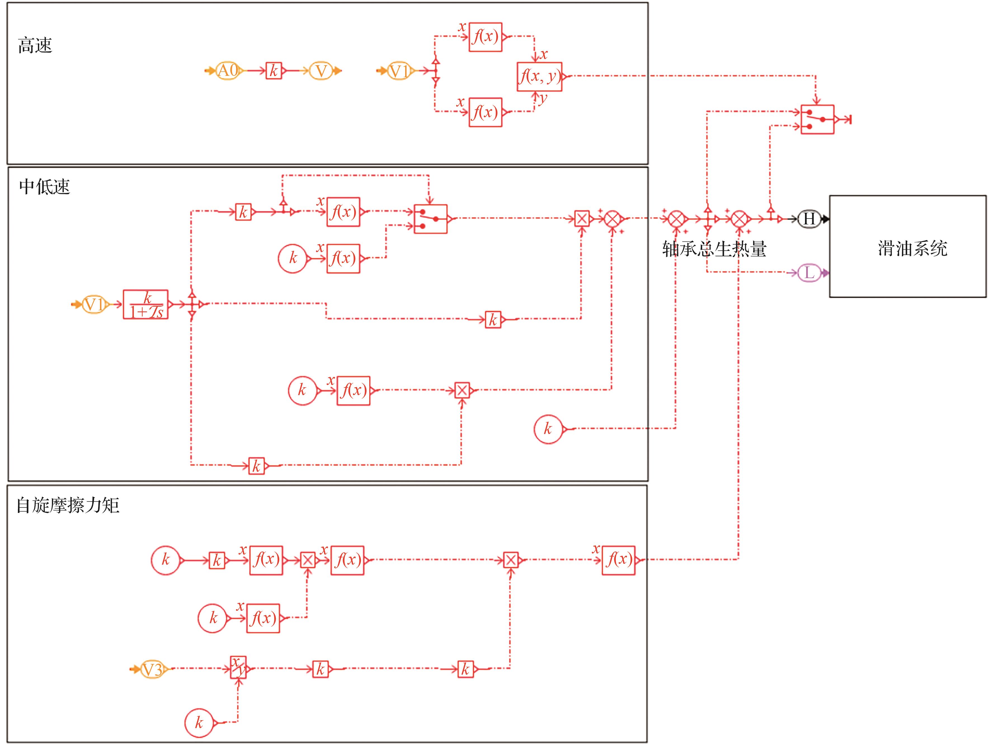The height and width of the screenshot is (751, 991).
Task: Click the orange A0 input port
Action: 228,71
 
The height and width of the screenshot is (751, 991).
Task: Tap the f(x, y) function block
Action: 539,77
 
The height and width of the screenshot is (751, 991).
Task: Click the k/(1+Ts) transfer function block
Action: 146,305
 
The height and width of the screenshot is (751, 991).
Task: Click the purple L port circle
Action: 809,273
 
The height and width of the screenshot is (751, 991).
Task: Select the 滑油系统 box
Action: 908,247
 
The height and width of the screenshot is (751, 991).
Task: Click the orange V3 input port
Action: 152,670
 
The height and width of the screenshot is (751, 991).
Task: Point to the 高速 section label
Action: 35,46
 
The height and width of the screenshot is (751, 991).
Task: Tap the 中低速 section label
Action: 44,187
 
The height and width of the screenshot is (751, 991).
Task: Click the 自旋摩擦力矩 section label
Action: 68,505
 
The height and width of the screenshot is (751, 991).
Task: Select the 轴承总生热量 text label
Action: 714,249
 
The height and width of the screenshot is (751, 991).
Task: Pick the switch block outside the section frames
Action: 817,120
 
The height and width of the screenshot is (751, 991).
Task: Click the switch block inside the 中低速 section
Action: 430,219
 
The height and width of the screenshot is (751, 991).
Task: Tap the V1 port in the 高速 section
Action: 399,71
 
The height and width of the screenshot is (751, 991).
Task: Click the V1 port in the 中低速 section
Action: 94,305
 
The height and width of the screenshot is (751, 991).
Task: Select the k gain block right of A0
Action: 274,71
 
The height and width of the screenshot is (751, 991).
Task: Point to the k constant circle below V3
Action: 199,722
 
